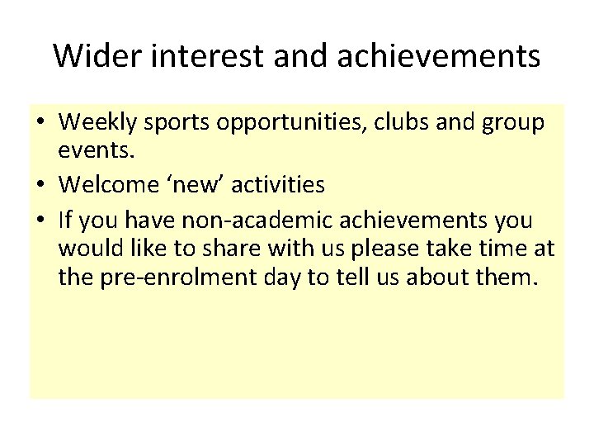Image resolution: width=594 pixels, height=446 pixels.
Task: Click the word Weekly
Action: [98, 124]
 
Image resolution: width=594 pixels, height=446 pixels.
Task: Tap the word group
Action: [511, 124]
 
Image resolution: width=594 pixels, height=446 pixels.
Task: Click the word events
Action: [91, 154]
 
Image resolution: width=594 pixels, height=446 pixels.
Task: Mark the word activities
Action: [278, 183]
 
